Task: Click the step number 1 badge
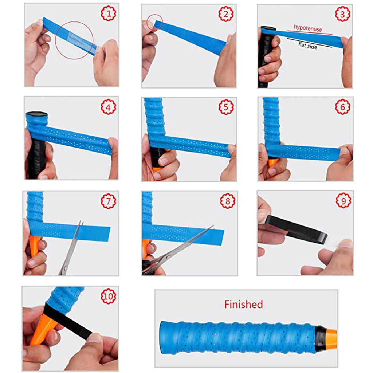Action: click(108, 14)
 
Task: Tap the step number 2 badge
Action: click(225, 14)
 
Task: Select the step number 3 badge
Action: click(343, 14)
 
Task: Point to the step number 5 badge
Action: click(226, 107)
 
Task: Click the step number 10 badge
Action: click(108, 296)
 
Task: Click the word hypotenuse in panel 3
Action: click(308, 29)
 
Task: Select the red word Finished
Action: click(243, 304)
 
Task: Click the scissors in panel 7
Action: click(71, 248)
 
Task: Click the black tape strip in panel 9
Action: click(295, 229)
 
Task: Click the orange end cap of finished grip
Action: click(331, 337)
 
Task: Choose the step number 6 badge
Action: click(343, 107)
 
